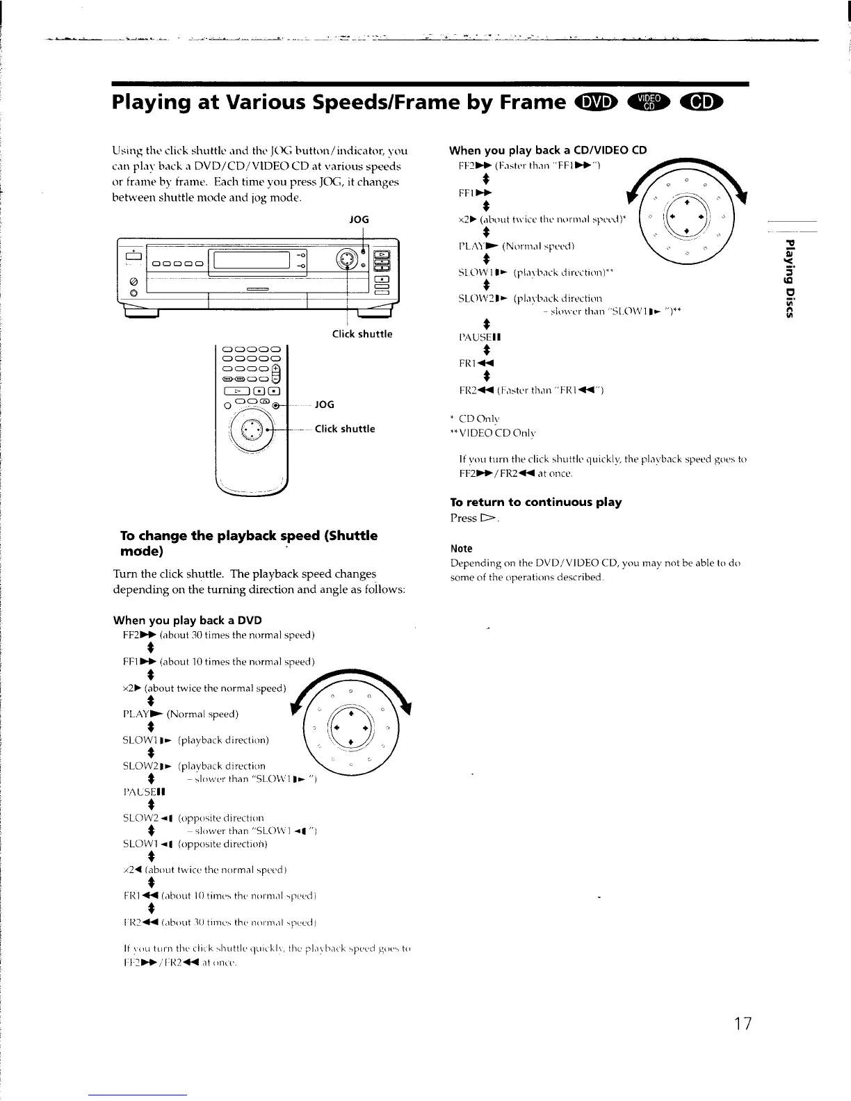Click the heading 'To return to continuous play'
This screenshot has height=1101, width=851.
click(x=535, y=502)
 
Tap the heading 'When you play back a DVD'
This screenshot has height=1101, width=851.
click(x=187, y=620)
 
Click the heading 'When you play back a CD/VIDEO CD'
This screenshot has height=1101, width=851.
click(x=548, y=150)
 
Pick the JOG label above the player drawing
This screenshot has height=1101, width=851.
click(x=359, y=220)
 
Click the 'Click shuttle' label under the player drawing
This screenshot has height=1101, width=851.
click(x=362, y=334)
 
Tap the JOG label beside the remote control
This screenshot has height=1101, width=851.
click(x=325, y=404)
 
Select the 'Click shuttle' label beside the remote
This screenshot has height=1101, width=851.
click(x=345, y=429)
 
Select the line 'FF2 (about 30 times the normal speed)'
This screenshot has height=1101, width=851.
click(x=219, y=635)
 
